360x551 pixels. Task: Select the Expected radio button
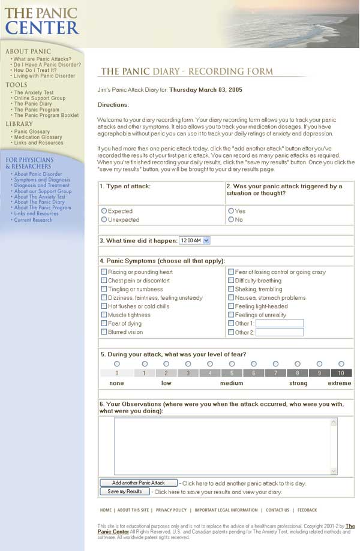click(104, 211)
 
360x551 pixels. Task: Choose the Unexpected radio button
click(104, 219)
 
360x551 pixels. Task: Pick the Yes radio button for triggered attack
click(231, 211)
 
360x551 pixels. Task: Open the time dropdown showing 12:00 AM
click(194, 240)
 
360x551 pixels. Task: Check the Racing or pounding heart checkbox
click(104, 272)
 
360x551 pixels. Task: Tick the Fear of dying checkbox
click(104, 323)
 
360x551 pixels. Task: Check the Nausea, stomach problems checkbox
click(231, 297)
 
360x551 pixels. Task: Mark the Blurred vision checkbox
click(104, 332)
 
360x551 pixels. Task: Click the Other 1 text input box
click(280, 323)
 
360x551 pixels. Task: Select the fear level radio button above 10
click(341, 364)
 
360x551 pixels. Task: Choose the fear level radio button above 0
click(117, 364)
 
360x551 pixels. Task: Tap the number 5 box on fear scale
click(232, 373)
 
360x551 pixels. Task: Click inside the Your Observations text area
click(222, 446)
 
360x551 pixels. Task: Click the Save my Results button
click(125, 492)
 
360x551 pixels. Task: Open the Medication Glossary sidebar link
click(38, 137)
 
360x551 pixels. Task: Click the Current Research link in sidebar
click(33, 220)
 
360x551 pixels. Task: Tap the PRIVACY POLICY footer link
click(171, 510)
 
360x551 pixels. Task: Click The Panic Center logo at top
click(41, 22)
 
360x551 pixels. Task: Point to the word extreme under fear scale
click(340, 383)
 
